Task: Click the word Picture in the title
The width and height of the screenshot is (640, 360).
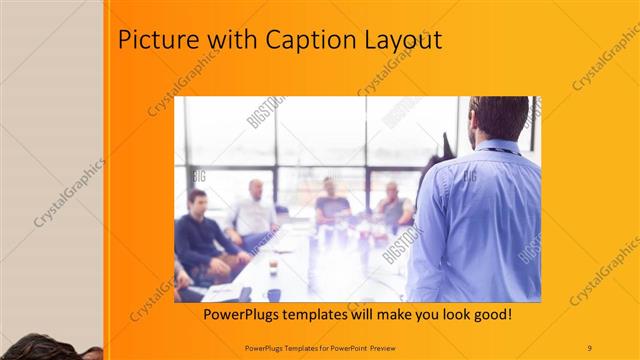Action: pyautogui.click(x=154, y=41)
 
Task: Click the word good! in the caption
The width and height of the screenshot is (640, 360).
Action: pyautogui.click(x=491, y=314)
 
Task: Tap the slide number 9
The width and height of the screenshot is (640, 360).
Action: pyautogui.click(x=590, y=347)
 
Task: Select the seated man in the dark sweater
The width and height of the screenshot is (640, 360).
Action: pyautogui.click(x=199, y=235)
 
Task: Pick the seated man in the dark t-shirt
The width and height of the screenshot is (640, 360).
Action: pyautogui.click(x=331, y=204)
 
